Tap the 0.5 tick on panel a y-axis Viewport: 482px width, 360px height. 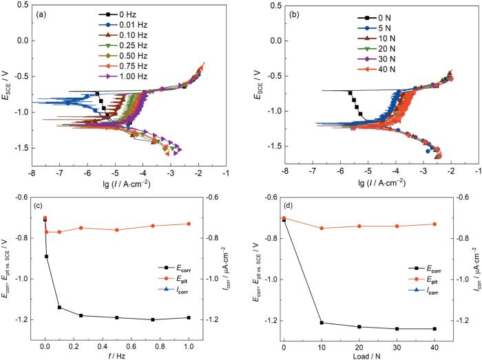19,5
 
